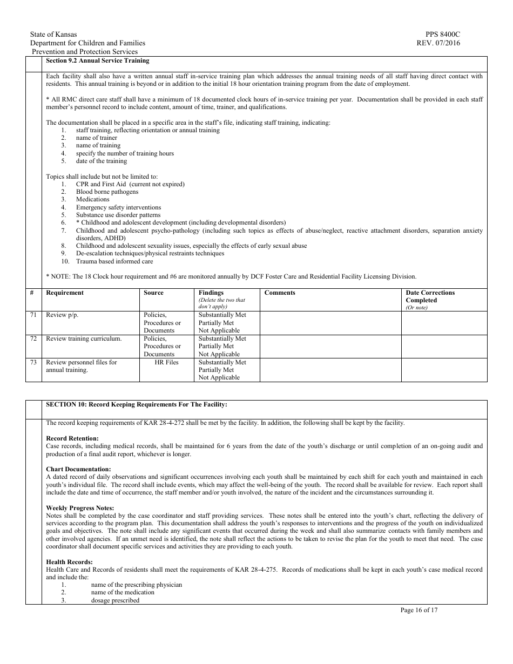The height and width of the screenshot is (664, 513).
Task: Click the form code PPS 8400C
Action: click(443, 35)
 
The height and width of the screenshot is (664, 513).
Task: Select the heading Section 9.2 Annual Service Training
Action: click(97, 60)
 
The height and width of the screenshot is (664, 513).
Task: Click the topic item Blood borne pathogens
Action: click(107, 192)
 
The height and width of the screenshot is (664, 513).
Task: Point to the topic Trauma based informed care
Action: click(114, 261)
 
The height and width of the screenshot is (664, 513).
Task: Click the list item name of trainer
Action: click(96, 138)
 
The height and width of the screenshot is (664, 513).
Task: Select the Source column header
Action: click(153, 293)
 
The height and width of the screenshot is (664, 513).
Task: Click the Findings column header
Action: click(211, 293)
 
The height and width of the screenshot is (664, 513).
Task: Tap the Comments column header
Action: click(280, 293)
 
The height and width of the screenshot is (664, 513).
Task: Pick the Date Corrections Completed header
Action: click(430, 296)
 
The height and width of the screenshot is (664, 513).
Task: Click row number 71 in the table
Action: click(33, 315)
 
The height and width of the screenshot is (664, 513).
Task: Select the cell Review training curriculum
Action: click(84, 338)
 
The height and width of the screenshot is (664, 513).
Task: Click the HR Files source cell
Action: click(166, 362)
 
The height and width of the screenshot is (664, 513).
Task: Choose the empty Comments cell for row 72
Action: click(330, 346)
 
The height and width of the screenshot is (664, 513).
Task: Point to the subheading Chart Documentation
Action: click(78, 469)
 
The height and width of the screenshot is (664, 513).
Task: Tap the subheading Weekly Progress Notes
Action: click(80, 508)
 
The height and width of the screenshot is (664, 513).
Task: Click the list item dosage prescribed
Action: click(115, 600)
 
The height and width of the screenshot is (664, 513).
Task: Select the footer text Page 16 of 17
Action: click(418, 610)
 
